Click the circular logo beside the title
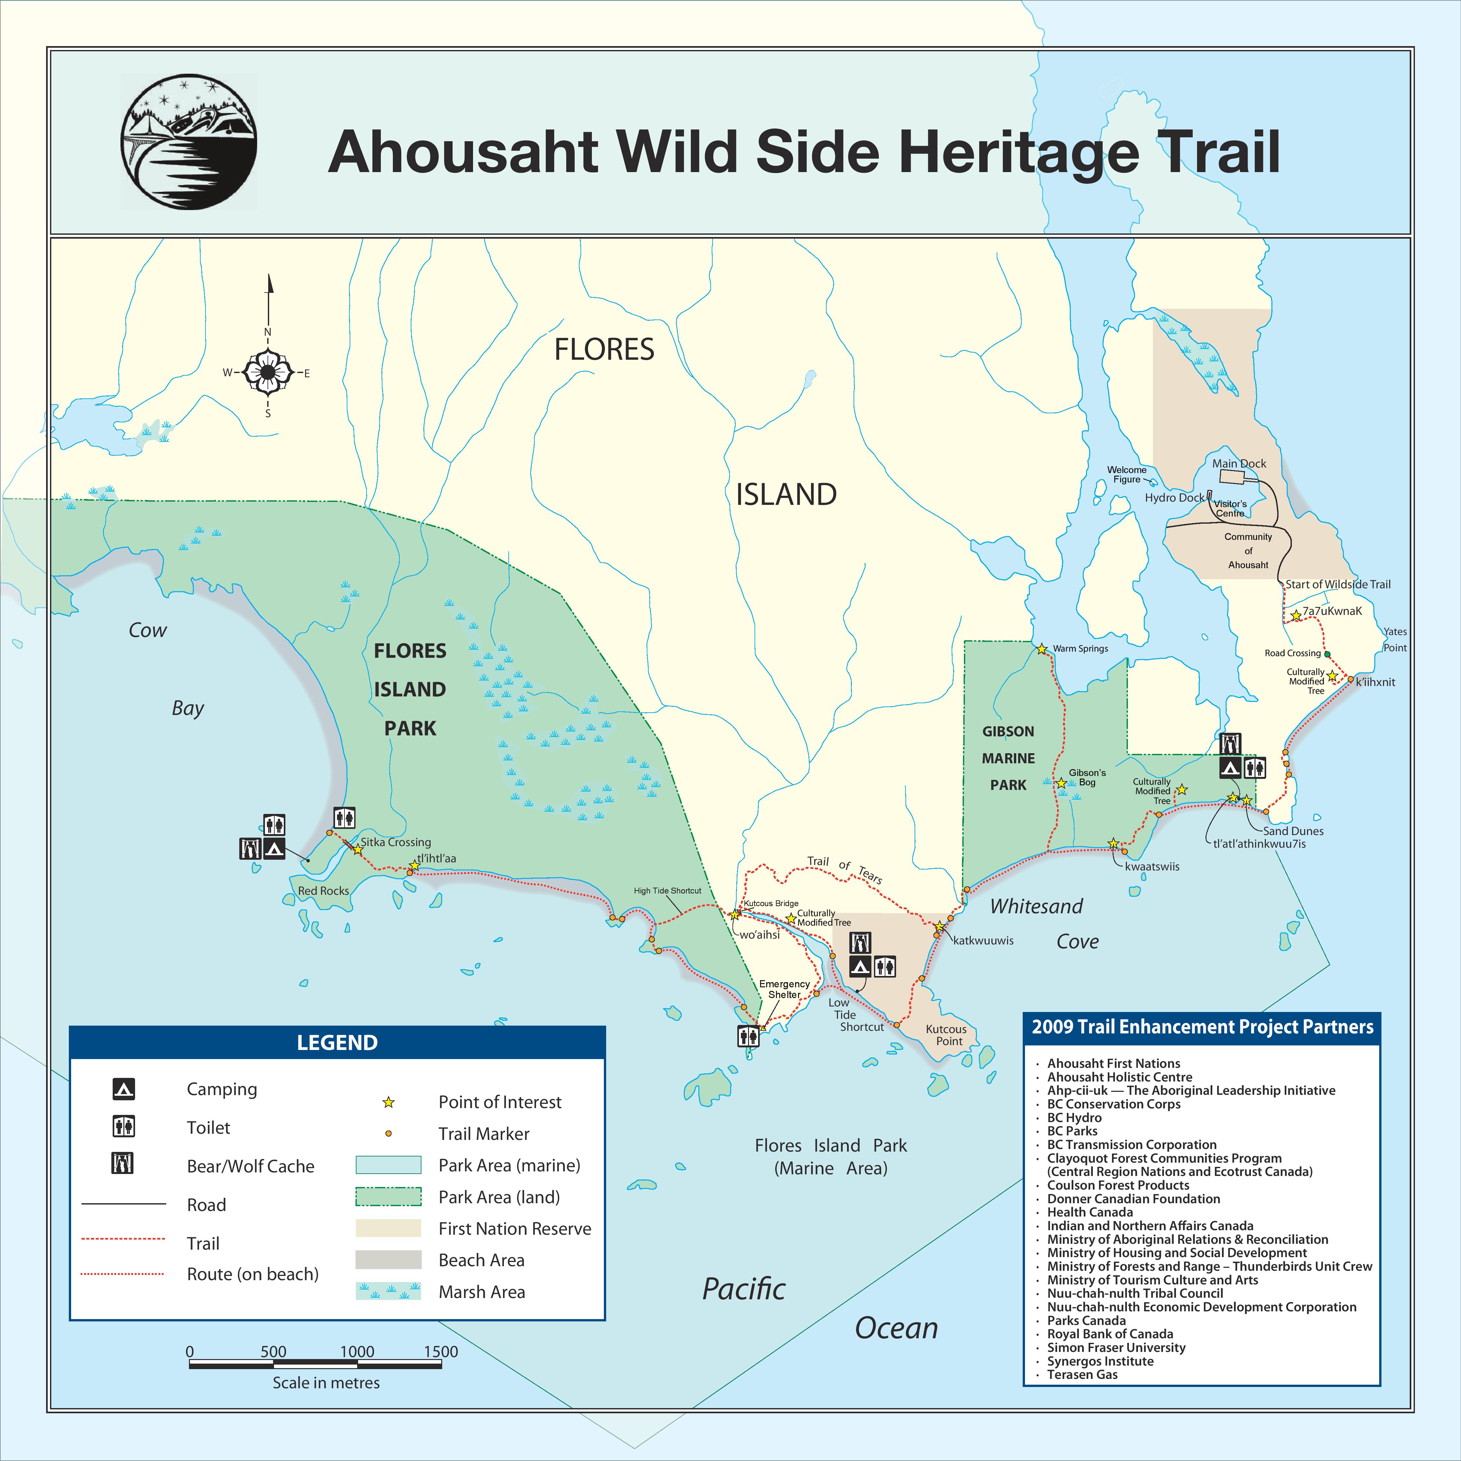(188, 142)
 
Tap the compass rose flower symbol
(268, 372)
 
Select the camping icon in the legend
(123, 1089)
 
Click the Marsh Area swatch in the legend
(388, 1291)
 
